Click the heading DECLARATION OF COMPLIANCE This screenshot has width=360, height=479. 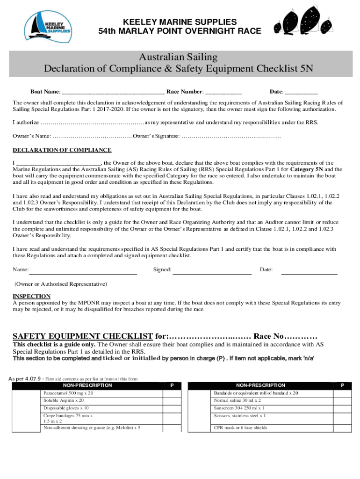point(62,150)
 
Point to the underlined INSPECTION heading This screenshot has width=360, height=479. point(31,296)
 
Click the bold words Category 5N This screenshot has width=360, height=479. point(306,169)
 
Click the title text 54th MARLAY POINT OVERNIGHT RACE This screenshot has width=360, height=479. point(180,31)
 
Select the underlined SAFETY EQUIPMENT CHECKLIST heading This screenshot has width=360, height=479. point(82,336)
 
